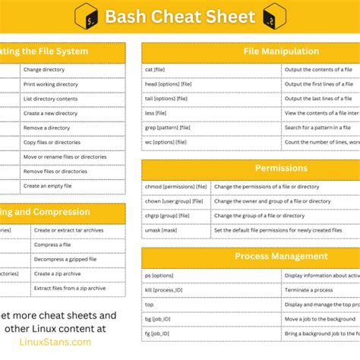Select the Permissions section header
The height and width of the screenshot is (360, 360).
280,168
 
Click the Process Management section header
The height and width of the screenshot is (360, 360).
280,256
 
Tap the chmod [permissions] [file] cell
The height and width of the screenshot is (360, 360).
175,186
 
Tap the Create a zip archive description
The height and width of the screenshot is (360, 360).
58,273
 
